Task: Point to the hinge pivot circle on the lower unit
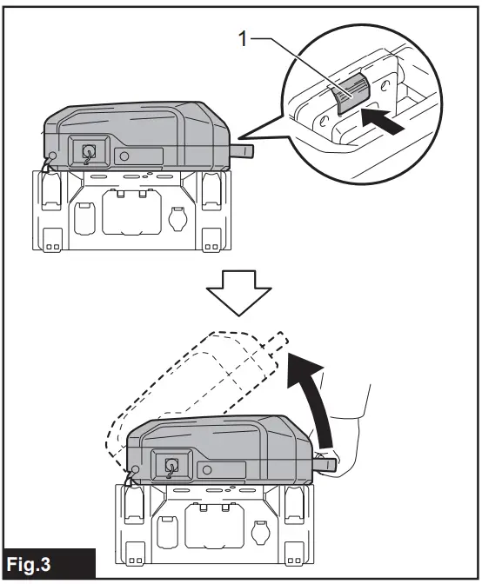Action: click(x=133, y=471)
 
